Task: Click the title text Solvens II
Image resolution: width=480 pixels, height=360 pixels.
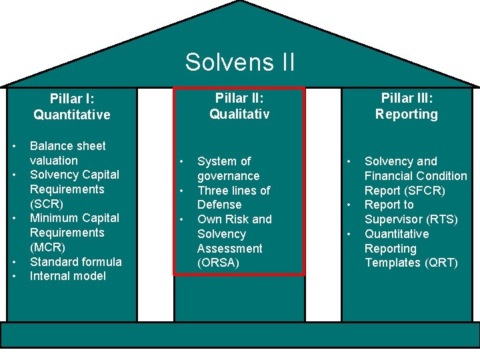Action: point(239,62)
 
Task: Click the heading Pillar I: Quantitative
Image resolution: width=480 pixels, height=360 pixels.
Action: point(71,107)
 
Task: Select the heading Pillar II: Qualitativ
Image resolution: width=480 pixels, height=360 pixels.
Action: point(239,106)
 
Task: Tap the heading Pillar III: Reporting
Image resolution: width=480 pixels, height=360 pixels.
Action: point(406,106)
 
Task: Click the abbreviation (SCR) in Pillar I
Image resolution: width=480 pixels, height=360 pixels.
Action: point(46,203)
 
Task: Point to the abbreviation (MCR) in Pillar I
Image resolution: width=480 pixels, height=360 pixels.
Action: point(47,247)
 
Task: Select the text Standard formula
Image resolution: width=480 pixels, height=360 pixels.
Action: point(75,261)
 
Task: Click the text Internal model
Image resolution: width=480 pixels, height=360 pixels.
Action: point(67,276)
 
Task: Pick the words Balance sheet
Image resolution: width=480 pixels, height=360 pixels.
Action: point(67,146)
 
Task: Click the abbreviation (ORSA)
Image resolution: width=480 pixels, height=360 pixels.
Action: point(218,263)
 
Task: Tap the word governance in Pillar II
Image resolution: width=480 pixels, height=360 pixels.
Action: point(228,176)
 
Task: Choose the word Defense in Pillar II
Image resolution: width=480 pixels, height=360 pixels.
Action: point(219,205)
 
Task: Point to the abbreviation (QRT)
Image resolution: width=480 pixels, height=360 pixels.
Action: point(441,263)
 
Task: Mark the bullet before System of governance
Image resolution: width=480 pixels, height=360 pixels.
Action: point(181,162)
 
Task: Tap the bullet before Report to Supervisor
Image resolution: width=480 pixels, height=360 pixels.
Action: point(348,205)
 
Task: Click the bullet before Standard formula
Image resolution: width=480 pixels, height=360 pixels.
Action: point(14,262)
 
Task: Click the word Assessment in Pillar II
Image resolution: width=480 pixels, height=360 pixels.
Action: point(229,248)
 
